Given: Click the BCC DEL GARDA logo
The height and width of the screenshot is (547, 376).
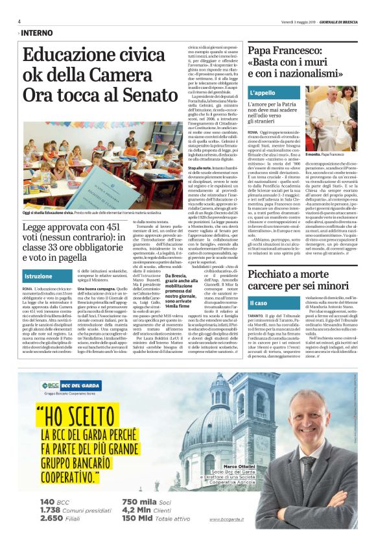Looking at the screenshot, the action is (65, 385).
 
